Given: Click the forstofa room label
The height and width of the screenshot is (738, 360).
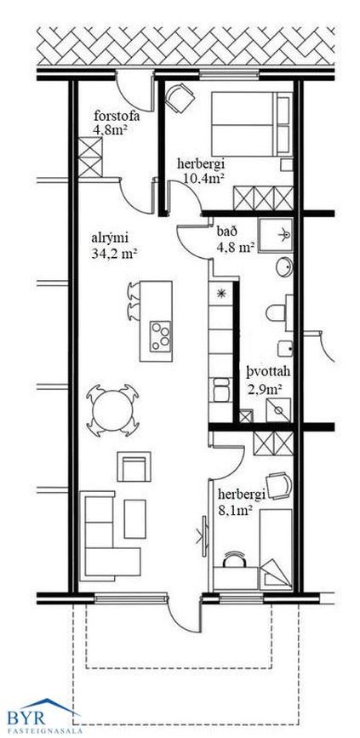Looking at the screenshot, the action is coord(117,116).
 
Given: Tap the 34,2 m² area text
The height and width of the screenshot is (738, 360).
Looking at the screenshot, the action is coord(115,254).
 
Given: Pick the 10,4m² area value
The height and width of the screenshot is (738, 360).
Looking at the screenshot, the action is coord(203,177).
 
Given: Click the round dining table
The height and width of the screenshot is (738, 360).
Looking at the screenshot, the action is coord(113,410).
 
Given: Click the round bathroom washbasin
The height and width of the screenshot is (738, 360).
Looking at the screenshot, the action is coord(284,268).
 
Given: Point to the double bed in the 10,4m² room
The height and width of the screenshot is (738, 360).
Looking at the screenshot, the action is coord(252,124).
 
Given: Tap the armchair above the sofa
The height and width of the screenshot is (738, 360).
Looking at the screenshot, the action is coord(134,466).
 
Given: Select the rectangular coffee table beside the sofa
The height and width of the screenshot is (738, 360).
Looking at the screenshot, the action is coord(135,518).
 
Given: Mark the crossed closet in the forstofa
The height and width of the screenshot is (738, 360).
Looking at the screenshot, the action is coord(90,157).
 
